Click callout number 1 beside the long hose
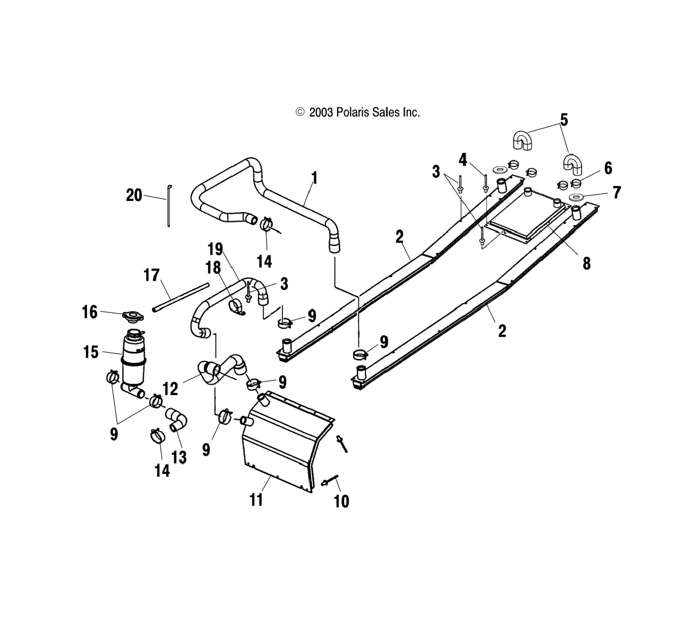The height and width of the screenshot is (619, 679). pyautogui.click(x=314, y=178)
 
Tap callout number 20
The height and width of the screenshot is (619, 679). pyautogui.click(x=134, y=195)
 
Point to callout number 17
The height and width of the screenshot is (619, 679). pyautogui.click(x=152, y=275)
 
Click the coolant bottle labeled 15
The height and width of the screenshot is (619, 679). pyautogui.click(x=134, y=359)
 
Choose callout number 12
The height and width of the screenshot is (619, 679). pyautogui.click(x=170, y=389)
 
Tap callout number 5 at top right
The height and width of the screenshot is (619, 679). pyautogui.click(x=564, y=120)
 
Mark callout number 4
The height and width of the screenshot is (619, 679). pyautogui.click(x=463, y=160)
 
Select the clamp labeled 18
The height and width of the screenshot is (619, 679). pyautogui.click(x=235, y=306)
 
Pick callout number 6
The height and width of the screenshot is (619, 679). pyautogui.click(x=608, y=168)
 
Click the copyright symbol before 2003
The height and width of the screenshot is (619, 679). pyautogui.click(x=300, y=112)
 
